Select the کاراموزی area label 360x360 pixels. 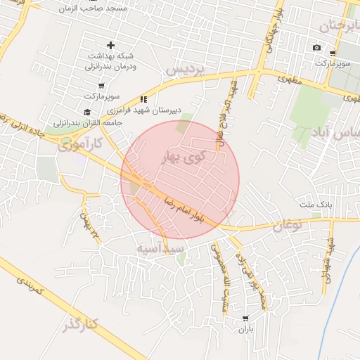(79, 144)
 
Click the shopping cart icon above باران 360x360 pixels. (245, 318)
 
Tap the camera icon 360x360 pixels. (316, 48)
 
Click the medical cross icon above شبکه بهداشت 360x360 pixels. (110, 45)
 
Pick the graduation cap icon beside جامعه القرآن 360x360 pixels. (87, 112)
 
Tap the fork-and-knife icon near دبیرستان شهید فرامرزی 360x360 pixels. (143, 99)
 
